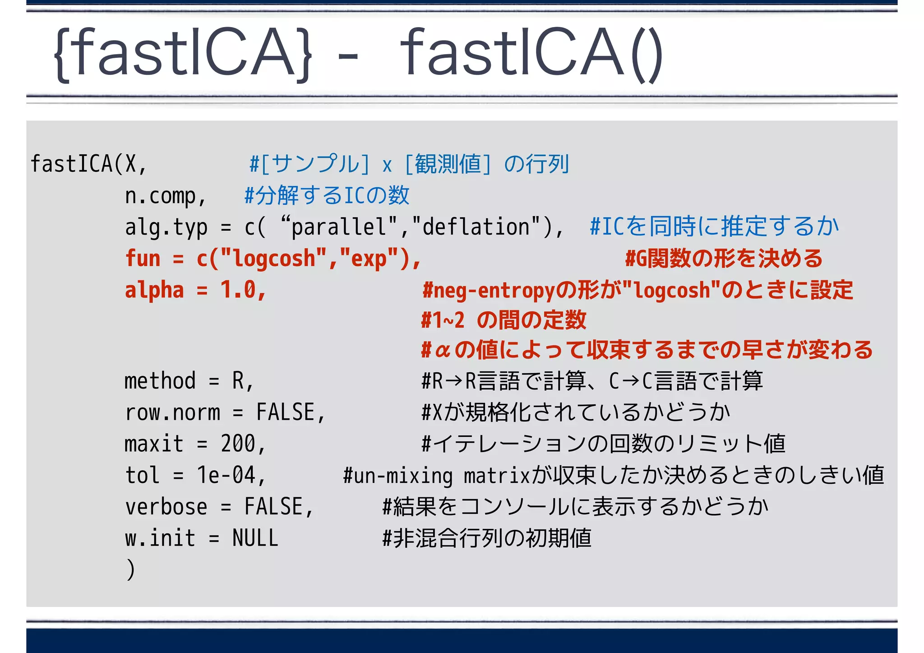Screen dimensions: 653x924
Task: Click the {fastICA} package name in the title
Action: pyautogui.click(x=183, y=54)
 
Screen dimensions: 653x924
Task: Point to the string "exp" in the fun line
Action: pyautogui.click(x=369, y=259)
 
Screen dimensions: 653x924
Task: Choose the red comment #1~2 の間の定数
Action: pyautogui.click(x=503, y=320)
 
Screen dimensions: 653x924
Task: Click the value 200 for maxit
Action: pyautogui.click(x=238, y=443)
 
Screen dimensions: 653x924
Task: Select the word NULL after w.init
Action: pyautogui.click(x=255, y=538)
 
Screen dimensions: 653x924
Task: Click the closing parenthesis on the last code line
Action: pyautogui.click(x=130, y=569)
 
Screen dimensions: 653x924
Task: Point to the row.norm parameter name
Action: pyautogui.click(x=172, y=412)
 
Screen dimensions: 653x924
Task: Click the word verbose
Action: pyautogui.click(x=166, y=506)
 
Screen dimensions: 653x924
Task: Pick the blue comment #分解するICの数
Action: pyautogui.click(x=326, y=196)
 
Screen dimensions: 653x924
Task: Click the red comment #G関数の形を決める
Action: pyautogui.click(x=723, y=259)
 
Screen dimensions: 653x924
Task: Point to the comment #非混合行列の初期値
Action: pyautogui.click(x=486, y=538)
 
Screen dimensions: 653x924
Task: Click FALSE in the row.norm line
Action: pyautogui.click(x=285, y=412)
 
